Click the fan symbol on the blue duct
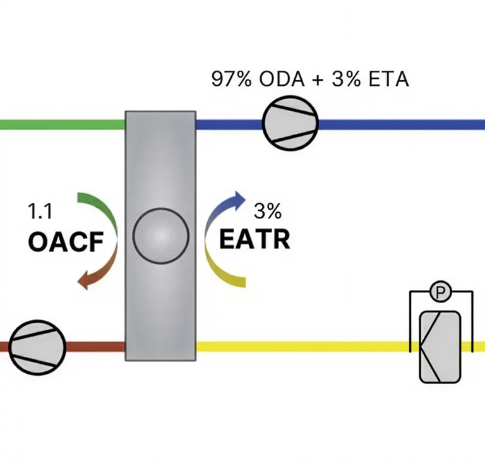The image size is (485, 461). (x=290, y=123)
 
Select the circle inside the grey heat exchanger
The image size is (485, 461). (x=160, y=236)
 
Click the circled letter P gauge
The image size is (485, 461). (x=440, y=292)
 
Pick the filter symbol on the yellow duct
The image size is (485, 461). (x=441, y=347)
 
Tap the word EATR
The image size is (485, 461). (x=254, y=239)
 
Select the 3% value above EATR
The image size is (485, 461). (x=268, y=211)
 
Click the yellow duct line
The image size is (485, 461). (x=303, y=347)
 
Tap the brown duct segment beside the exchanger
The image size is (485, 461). (x=95, y=347)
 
